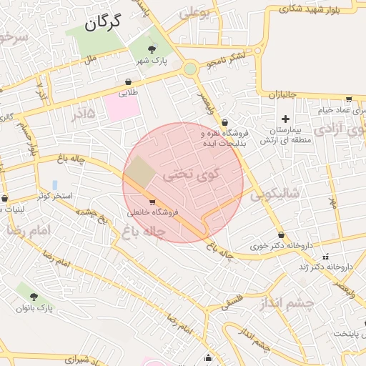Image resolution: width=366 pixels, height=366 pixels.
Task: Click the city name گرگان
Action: pyautogui.click(x=103, y=22)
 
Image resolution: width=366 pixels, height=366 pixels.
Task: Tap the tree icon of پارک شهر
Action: pyautogui.click(x=151, y=49)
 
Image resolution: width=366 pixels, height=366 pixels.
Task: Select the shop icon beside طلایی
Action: pyautogui.click(x=128, y=81)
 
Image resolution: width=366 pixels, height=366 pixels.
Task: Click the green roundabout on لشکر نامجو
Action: pyautogui.click(x=189, y=69)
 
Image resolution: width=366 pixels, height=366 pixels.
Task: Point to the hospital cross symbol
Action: pyautogui.click(x=286, y=119)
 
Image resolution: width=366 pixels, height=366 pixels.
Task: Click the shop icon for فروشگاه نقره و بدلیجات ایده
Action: pyautogui.click(x=224, y=122)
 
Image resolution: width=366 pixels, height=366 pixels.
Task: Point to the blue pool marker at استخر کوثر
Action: pyautogui.click(x=55, y=184)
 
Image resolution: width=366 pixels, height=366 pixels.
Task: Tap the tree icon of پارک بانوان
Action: pyautogui.click(x=34, y=296)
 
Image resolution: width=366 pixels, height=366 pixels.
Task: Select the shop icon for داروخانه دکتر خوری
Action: pyautogui.click(x=280, y=235)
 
